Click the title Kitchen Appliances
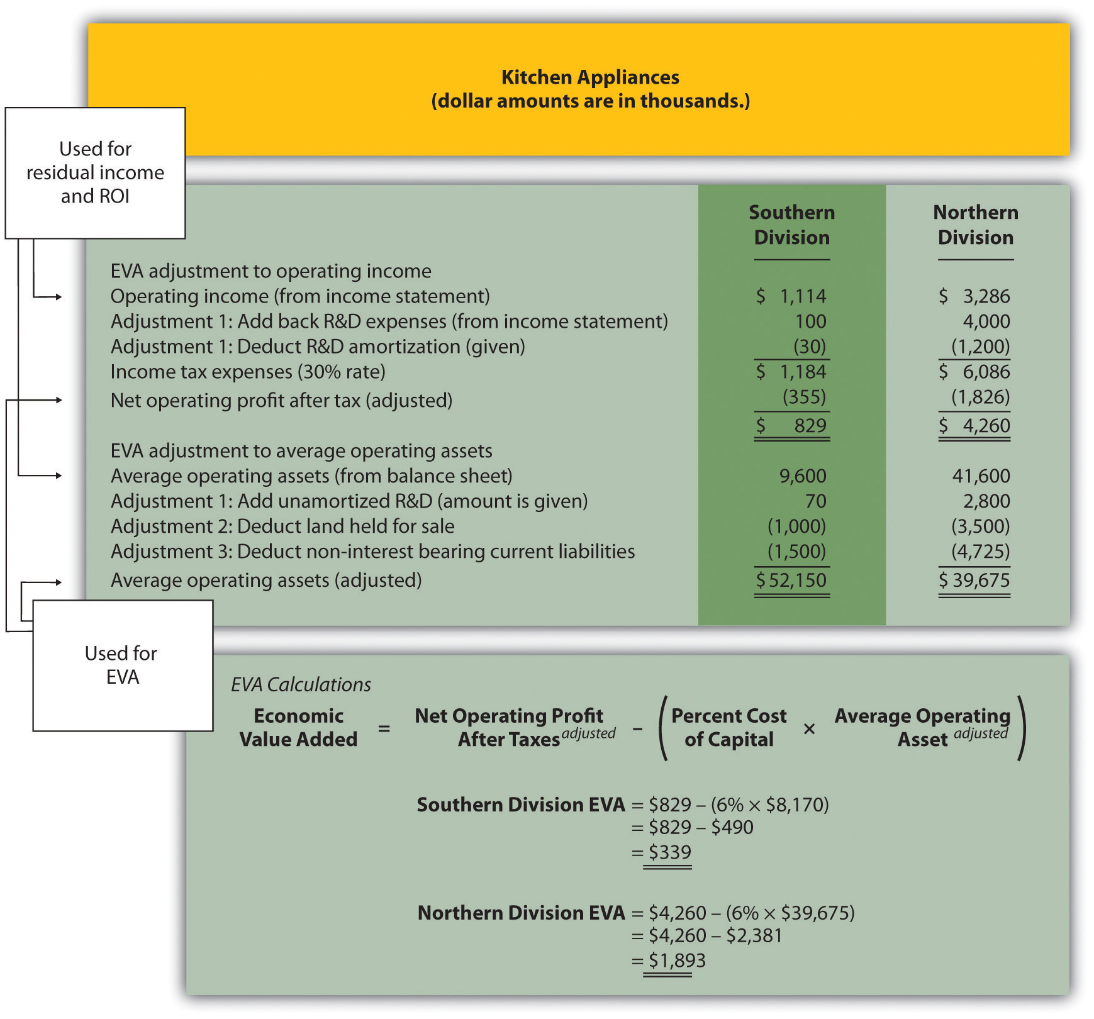coord(590,77)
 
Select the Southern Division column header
coord(791,225)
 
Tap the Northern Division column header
coord(975,225)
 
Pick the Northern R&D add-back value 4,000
coord(986,321)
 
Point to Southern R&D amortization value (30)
coord(809,347)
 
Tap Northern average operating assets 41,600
coord(981,476)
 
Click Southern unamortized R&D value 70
coord(815,501)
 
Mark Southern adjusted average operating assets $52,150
coord(791,580)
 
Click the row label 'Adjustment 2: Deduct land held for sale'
coord(282,526)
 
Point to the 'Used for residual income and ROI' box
coord(95,173)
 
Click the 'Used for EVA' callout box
coord(123,665)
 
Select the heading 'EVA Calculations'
coord(301,684)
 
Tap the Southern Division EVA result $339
coord(670,852)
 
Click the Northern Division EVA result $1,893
coord(677,961)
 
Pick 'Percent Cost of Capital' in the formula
coord(728,728)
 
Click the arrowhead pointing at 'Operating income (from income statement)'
coord(59,297)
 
